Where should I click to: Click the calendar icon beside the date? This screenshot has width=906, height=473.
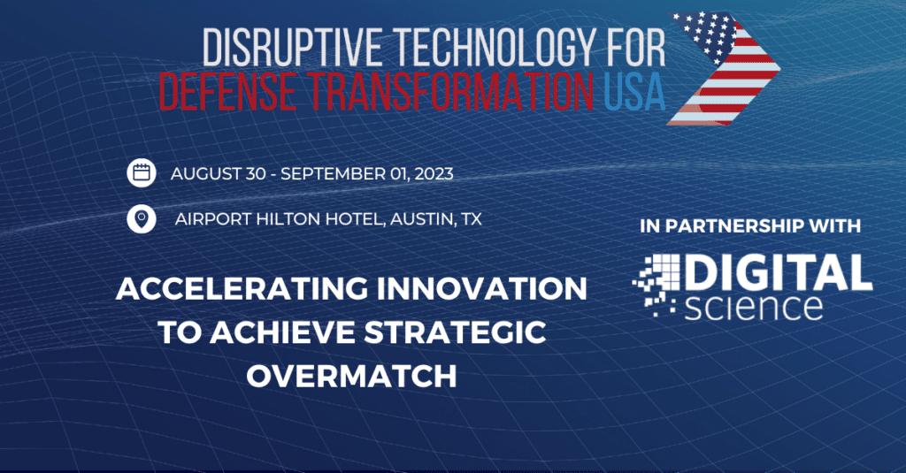pos(142,172)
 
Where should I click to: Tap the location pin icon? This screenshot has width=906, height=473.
pos(142,219)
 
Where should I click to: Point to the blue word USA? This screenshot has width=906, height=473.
pos(634,91)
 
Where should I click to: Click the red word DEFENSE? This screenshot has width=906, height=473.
pos(227,91)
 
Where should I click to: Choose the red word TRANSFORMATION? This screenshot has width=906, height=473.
pos(450,91)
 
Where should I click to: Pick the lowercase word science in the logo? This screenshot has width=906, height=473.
pos(753,306)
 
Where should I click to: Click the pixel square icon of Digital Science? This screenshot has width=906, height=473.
pos(657,286)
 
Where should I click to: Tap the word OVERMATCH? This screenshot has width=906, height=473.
pos(351,376)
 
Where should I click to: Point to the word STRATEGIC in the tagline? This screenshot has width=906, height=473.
pos(456,332)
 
